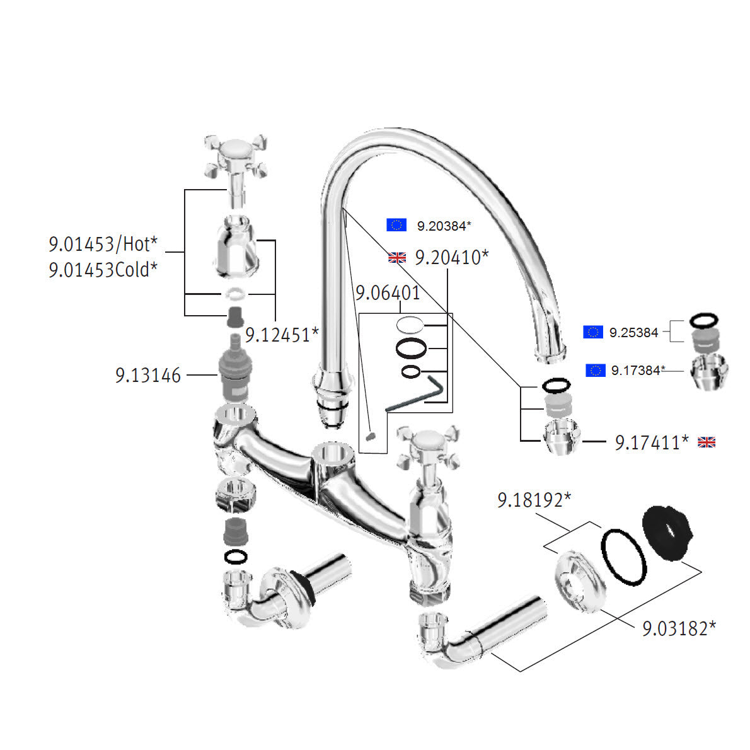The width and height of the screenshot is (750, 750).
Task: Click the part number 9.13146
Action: tap(147, 376)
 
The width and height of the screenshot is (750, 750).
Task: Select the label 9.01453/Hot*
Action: tap(103, 243)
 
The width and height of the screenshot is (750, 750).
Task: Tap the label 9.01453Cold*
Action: tap(103, 270)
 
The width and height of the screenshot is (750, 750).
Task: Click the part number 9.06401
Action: tap(387, 293)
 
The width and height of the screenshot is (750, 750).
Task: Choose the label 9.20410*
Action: tap(451, 257)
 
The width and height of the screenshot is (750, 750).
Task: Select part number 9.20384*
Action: tap(444, 225)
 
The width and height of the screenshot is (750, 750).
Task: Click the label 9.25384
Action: tap(633, 332)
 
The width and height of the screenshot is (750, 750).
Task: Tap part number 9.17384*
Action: tap(637, 371)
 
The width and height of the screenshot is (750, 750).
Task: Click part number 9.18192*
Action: tap(534, 500)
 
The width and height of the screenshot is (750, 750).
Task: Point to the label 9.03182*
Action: tap(679, 628)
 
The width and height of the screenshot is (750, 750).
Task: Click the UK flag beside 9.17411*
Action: tap(707, 442)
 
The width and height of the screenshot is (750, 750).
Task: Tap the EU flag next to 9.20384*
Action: tap(396, 225)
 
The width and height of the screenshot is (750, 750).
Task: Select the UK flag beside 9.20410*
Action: tap(397, 257)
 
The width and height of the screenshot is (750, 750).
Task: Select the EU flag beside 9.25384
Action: tap(593, 332)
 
